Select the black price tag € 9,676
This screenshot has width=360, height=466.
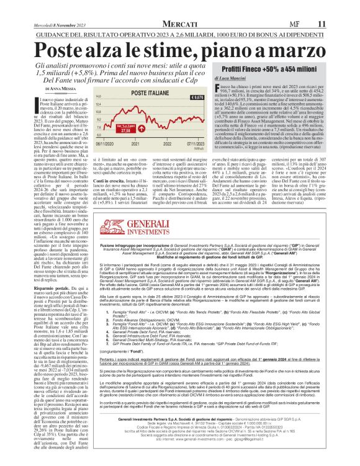tap(199, 98)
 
